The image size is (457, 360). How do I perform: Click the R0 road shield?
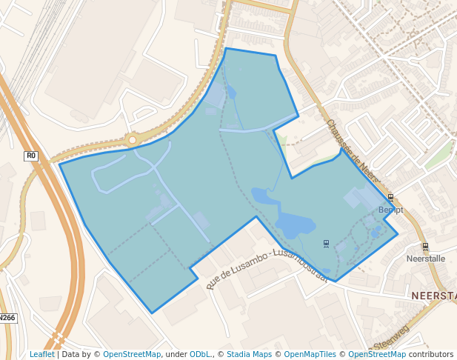tap(31, 156)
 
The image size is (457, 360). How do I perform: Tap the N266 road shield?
tap(7, 318)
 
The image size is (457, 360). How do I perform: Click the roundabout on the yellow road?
tap(133, 139)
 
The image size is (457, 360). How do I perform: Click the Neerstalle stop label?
tap(426, 259)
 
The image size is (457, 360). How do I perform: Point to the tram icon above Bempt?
tap(390, 198)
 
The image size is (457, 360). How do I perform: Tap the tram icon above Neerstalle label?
tap(425, 246)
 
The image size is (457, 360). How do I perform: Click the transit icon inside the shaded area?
tap(327, 243)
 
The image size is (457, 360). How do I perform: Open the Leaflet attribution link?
tap(42, 354)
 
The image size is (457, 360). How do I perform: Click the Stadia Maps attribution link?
tap(249, 354)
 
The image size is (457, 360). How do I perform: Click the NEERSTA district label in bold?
tap(433, 296)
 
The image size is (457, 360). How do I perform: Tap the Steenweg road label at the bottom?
tap(390, 343)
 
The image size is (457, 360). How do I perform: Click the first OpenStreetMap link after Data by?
tap(132, 354)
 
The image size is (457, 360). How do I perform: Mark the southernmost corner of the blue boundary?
tap(153, 313)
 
